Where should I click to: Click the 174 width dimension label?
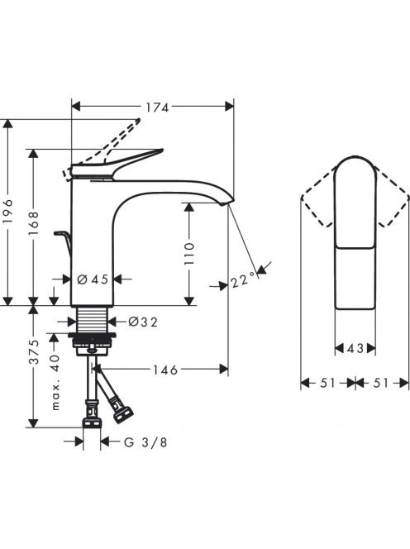pyautogui.click(x=157, y=107)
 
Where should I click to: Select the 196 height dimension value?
pyautogui.click(x=7, y=212)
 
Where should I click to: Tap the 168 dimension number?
pyautogui.click(x=34, y=223)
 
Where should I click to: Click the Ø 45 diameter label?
pyautogui.click(x=93, y=279)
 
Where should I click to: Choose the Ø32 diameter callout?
pyautogui.click(x=143, y=322)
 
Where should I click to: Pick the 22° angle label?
pyautogui.click(x=243, y=279)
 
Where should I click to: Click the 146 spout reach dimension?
pyautogui.click(x=165, y=370)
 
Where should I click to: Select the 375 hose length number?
pyautogui.click(x=34, y=352)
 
